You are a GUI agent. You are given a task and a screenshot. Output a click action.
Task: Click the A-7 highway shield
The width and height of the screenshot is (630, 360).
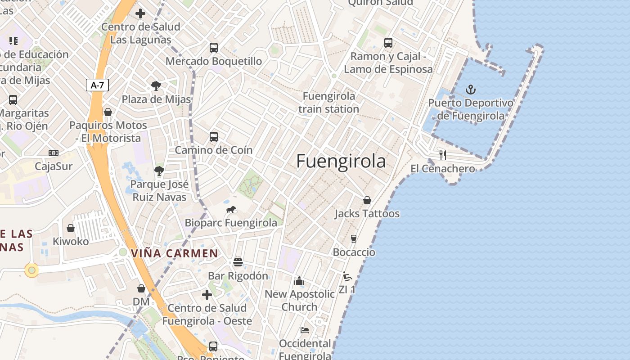point(98,85)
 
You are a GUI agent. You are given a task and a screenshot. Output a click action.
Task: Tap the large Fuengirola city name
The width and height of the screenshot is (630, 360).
point(341,161)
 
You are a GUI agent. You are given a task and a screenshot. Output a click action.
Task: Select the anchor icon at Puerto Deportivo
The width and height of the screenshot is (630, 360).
point(470,89)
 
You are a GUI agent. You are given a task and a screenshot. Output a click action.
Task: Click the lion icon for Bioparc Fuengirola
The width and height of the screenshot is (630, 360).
point(231,209)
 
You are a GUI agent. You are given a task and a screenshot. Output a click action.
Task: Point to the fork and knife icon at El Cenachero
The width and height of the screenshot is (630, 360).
point(443,155)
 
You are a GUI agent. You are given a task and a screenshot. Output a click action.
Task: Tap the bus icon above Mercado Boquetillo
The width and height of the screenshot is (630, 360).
point(214,47)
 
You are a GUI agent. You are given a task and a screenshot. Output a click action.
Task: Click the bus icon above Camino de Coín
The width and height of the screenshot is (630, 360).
point(214,136)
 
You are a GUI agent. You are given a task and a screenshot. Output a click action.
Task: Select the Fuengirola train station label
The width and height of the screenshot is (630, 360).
point(328,103)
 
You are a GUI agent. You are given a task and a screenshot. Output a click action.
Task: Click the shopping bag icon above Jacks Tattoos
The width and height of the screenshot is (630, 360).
point(367,200)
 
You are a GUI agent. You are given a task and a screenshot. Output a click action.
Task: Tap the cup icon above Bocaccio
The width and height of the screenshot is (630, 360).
point(354,238)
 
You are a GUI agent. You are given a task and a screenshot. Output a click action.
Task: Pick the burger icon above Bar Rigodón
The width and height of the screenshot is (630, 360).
point(238,262)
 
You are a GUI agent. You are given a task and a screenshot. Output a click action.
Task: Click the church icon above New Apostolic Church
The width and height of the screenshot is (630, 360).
point(299,281)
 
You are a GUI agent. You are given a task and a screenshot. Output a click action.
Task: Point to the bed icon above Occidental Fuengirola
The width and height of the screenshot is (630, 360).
point(305,330)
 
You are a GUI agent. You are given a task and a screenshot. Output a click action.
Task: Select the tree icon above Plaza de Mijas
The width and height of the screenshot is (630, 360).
point(156,85)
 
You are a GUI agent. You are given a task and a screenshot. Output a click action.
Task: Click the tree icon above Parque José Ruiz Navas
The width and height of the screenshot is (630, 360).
point(159,171)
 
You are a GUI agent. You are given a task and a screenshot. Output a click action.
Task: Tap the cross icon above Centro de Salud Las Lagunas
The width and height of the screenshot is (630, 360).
point(140,13)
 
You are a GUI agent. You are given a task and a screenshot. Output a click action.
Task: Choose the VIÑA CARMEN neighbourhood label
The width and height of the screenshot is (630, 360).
point(175,253)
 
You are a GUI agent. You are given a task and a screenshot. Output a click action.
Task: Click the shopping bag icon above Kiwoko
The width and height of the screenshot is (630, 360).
point(71,228)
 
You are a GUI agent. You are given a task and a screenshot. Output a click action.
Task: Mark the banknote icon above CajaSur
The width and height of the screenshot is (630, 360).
point(54,153)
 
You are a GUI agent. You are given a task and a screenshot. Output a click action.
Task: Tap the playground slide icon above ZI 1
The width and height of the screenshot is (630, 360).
point(346,276)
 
